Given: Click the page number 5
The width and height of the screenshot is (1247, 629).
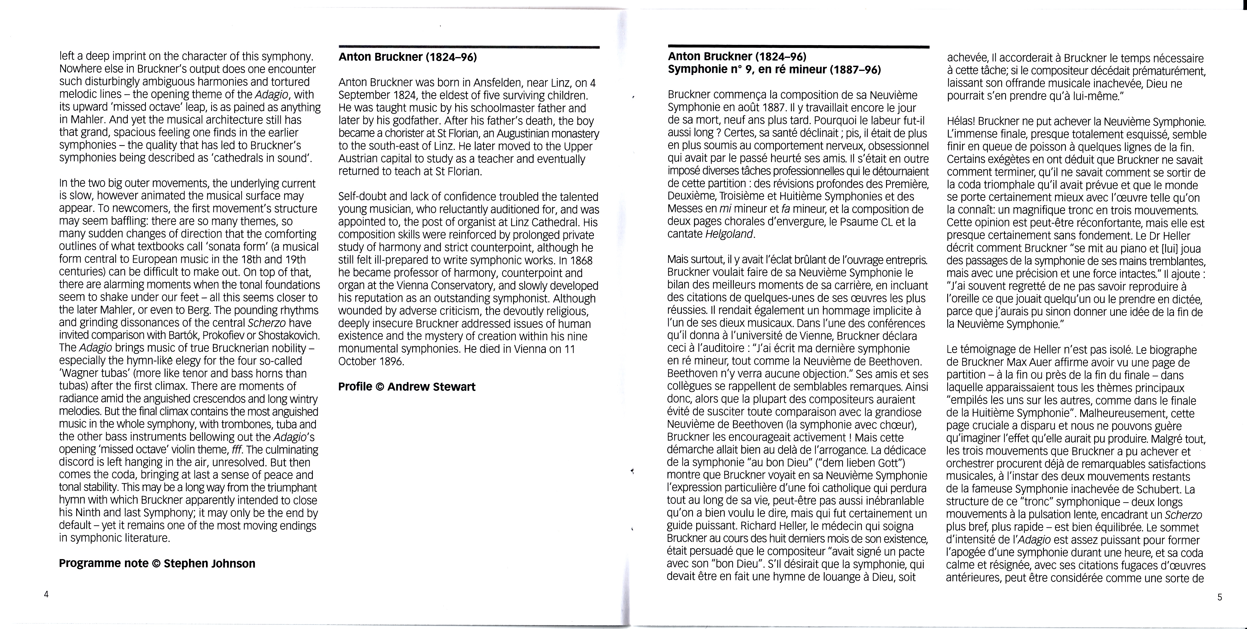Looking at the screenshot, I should tap(1219, 597).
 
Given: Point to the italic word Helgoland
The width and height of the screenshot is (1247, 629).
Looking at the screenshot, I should tap(730, 234).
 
